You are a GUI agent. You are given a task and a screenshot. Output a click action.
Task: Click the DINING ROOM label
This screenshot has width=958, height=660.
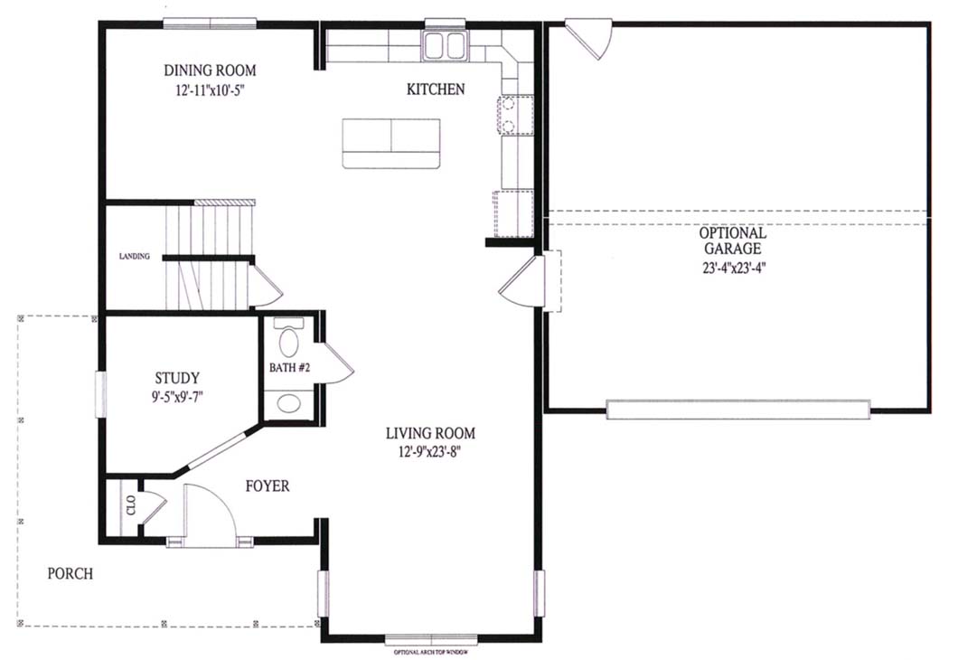pos(210,71)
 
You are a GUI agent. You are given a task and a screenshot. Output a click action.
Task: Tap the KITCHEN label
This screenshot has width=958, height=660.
pos(436,90)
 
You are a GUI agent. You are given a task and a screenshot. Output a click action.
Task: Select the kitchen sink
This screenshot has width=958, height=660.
pos(445,46)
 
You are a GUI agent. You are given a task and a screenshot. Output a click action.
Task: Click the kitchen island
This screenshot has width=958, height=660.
pos(391,144)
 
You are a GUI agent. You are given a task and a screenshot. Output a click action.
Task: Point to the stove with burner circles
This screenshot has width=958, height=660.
pos(515,115)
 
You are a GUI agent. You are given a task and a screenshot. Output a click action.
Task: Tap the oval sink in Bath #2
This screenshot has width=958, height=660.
pos(289,403)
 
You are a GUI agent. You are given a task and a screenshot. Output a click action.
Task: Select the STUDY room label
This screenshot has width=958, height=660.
pos(176,378)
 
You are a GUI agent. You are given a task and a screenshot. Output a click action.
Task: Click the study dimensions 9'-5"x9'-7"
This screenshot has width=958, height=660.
pos(177,397)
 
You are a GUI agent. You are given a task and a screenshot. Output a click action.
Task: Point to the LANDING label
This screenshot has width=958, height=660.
pos(135,256)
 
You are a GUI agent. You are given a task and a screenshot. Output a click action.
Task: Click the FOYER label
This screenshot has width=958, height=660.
pos(268,486)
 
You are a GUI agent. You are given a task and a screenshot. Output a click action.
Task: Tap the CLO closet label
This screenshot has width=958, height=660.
pos(131,505)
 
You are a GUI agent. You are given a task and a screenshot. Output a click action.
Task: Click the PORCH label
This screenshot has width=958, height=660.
pos(70,574)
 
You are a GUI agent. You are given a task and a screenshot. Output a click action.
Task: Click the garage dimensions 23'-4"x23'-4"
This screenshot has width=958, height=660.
pos(733,268)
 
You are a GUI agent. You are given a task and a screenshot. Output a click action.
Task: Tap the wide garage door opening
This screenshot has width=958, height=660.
pos(738,409)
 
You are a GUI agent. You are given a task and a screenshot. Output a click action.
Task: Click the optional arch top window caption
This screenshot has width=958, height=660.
pos(431,652)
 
